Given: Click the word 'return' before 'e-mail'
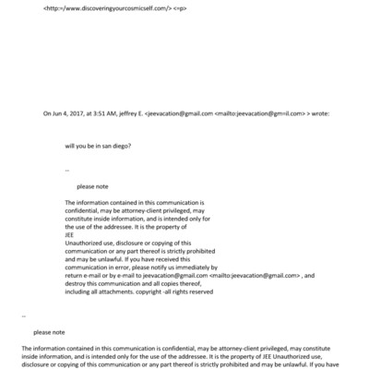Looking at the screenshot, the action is coord(75,276).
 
